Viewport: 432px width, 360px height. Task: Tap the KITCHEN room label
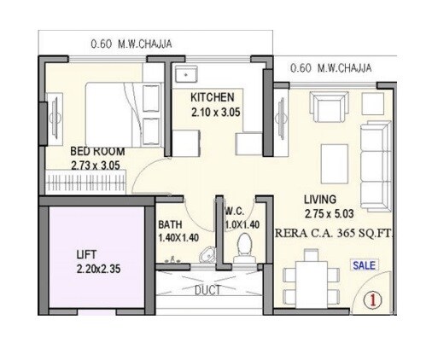click(x=212, y=97)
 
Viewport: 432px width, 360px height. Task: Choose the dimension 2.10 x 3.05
click(x=214, y=111)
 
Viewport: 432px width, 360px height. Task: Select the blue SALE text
click(x=365, y=265)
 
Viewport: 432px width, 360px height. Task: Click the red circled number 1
click(x=372, y=299)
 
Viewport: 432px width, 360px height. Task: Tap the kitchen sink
click(x=184, y=75)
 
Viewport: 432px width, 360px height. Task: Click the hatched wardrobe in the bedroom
click(x=85, y=182)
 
